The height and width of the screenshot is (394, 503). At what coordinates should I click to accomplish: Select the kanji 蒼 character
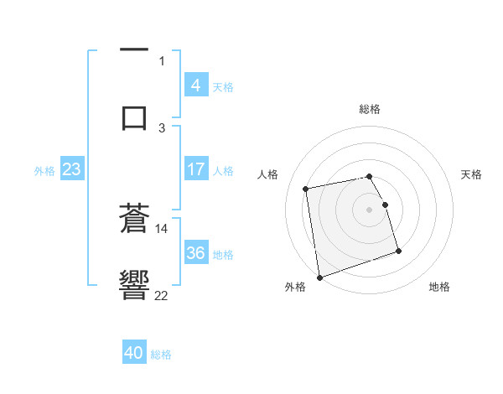click(x=134, y=220)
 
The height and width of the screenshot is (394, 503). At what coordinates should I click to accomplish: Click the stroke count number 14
click(x=162, y=228)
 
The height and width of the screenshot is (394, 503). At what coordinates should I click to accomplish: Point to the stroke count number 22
click(x=162, y=294)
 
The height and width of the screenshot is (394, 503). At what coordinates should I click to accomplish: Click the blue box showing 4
click(x=195, y=86)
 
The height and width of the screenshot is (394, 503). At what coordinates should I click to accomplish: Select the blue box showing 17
click(x=195, y=169)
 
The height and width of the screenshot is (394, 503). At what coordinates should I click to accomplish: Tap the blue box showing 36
click(x=195, y=253)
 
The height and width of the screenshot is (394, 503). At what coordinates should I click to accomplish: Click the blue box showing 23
click(x=72, y=169)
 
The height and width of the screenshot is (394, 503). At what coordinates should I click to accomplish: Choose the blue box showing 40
click(x=134, y=354)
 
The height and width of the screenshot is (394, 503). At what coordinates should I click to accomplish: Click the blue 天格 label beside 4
click(x=223, y=86)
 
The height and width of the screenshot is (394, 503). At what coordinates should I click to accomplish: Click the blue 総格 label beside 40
click(x=161, y=355)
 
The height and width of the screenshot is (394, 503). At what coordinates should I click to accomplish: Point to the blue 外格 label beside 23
click(x=44, y=170)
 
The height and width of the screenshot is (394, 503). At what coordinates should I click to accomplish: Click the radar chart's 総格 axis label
click(x=370, y=109)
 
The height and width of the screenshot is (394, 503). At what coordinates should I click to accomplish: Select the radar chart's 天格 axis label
click(x=472, y=174)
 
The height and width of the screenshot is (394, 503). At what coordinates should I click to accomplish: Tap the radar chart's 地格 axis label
click(x=439, y=287)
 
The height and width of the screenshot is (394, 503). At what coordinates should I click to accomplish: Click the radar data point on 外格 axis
click(x=319, y=277)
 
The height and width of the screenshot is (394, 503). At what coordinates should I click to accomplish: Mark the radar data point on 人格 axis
click(x=306, y=188)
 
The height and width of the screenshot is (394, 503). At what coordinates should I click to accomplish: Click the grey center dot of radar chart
click(x=370, y=209)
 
